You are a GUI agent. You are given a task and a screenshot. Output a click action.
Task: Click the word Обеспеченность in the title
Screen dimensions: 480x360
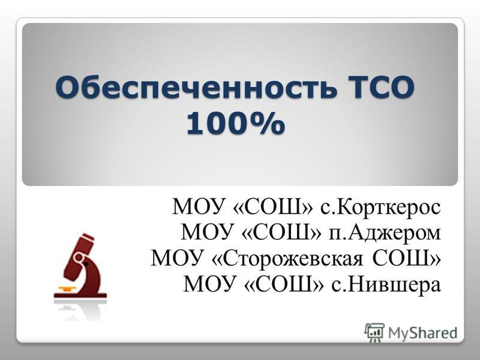196,87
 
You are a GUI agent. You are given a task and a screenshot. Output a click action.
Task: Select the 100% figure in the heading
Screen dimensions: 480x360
236,123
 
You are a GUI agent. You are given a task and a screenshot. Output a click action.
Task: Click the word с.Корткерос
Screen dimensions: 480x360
380,207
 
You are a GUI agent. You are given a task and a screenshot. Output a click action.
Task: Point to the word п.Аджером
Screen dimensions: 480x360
385,233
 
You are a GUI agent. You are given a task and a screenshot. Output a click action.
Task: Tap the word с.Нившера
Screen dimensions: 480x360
386,284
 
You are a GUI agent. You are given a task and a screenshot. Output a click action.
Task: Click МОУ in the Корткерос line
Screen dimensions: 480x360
197,207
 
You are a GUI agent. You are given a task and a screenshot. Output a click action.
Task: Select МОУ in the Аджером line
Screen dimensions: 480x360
206,233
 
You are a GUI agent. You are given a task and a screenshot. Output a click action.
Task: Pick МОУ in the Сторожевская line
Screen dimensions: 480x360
176,259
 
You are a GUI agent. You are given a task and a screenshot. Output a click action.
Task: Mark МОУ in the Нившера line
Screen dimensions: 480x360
208,284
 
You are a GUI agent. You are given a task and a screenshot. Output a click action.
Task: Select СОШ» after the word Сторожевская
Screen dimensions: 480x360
407,259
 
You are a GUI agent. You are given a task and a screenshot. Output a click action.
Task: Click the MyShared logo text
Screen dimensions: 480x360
423,333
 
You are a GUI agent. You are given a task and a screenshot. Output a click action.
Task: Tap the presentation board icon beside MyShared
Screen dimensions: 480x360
374,332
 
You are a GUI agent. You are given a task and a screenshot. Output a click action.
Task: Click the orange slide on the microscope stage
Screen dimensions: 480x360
67,289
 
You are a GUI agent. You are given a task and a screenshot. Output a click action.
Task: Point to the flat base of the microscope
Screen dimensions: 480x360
80,296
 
